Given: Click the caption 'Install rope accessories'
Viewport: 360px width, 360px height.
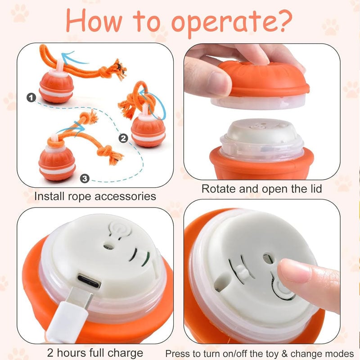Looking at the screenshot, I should pyautogui.click(x=95, y=196).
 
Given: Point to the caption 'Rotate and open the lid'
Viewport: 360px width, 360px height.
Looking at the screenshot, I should pyautogui.click(x=261, y=189).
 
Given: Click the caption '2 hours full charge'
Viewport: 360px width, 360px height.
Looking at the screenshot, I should pyautogui.click(x=95, y=352).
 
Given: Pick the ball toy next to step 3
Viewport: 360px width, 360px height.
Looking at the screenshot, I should pyautogui.click(x=56, y=162).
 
